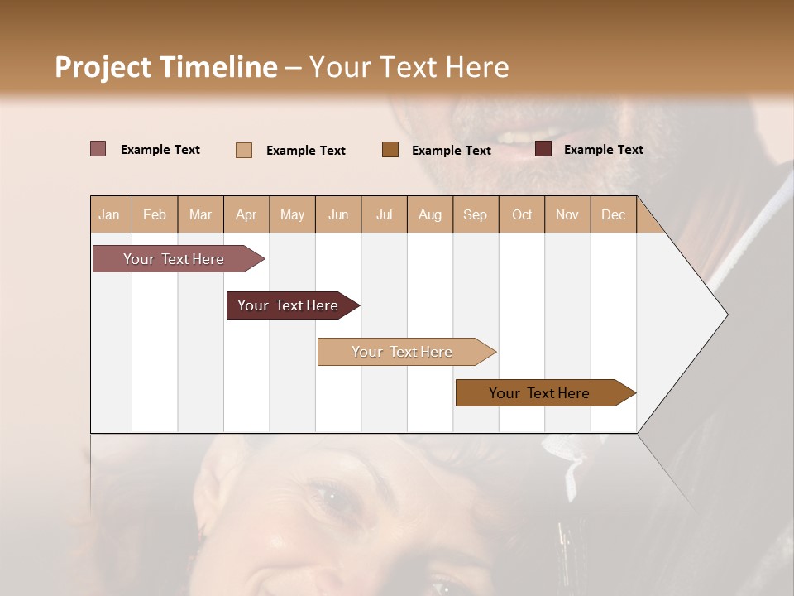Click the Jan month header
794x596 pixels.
(109, 215)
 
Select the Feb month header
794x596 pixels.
(155, 215)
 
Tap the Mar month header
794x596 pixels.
(200, 215)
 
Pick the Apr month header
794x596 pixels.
(246, 215)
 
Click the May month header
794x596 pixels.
(292, 215)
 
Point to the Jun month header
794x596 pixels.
(338, 215)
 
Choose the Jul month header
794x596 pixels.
(384, 215)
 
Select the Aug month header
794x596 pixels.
(429, 215)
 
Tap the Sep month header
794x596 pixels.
(475, 215)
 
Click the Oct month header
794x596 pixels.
(522, 215)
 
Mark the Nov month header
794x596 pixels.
(567, 215)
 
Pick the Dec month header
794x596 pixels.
(613, 215)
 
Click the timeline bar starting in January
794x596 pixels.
(174, 259)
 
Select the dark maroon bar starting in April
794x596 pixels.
(288, 305)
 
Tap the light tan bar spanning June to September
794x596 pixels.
(402, 352)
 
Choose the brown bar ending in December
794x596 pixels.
(539, 393)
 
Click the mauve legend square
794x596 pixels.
(98, 149)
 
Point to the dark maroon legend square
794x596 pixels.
(543, 149)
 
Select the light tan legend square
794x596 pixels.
(243, 150)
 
